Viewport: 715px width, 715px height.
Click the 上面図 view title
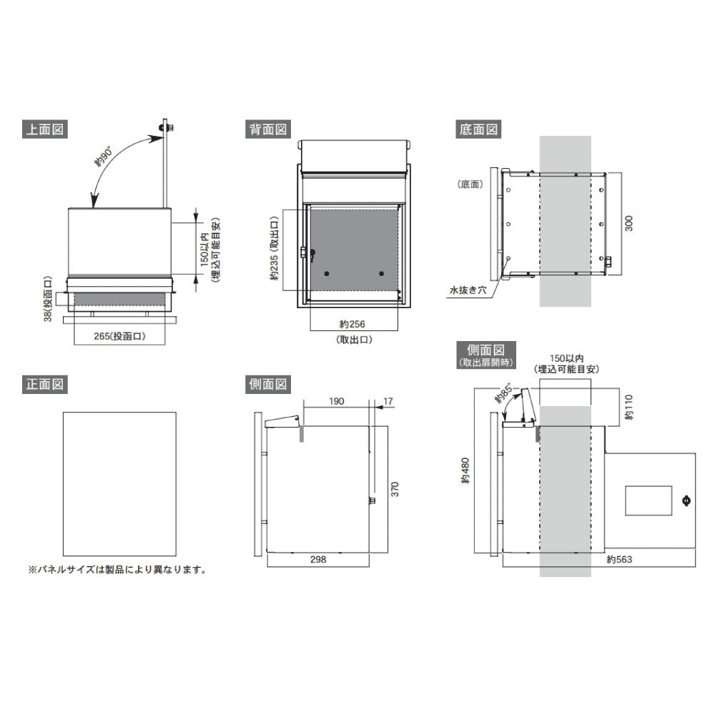tap(44, 129)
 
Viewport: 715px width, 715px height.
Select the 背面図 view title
tap(267, 129)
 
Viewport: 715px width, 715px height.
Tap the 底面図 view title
tap(478, 129)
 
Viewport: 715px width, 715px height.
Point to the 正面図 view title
tap(44, 384)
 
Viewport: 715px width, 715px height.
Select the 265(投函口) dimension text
tap(119, 336)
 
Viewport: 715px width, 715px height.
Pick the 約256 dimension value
tap(352, 324)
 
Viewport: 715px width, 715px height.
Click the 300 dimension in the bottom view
tap(628, 223)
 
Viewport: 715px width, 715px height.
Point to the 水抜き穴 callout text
tap(468, 290)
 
